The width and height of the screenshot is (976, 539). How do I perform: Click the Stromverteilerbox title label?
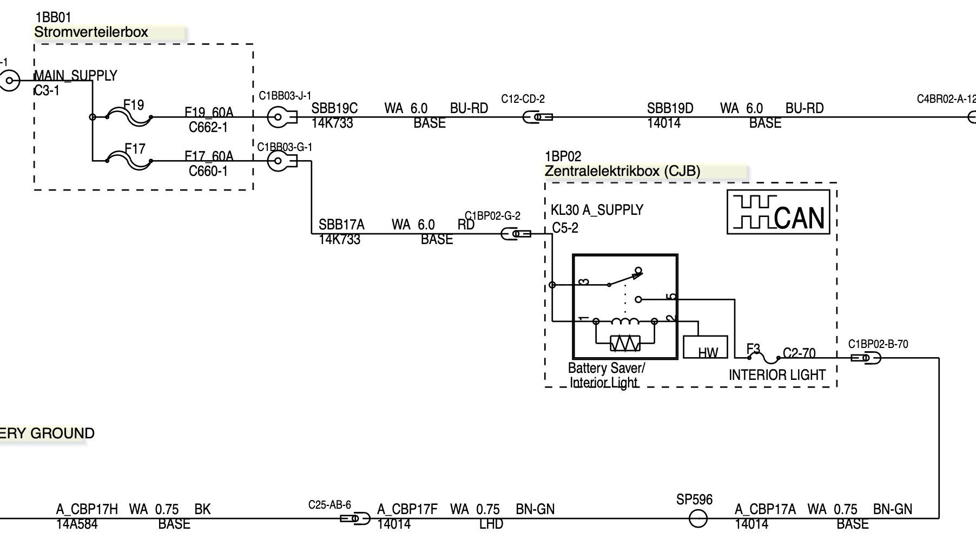(91, 32)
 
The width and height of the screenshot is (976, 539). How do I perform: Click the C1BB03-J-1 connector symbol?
(281, 117)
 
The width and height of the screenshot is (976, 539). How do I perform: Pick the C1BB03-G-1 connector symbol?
(281, 161)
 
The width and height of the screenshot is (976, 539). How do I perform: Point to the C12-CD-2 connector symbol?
(537, 117)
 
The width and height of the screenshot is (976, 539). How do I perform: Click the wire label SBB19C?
(334, 109)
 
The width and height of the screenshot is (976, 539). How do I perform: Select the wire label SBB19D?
(670, 109)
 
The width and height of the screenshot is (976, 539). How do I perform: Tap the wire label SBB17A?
(341, 225)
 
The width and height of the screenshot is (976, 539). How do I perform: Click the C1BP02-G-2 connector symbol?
(516, 234)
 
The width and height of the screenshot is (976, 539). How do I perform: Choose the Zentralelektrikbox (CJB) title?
(622, 172)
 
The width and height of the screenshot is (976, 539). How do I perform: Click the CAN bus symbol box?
(778, 212)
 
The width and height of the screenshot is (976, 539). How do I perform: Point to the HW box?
(705, 347)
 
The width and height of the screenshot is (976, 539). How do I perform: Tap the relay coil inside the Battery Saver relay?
(625, 321)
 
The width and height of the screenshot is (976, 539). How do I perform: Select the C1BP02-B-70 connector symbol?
(866, 358)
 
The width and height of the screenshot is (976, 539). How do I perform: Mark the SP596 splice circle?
(698, 519)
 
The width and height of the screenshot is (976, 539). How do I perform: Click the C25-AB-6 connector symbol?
(355, 519)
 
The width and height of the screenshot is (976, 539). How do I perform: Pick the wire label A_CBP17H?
(87, 509)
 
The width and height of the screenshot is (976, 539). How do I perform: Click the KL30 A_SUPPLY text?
(597, 210)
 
